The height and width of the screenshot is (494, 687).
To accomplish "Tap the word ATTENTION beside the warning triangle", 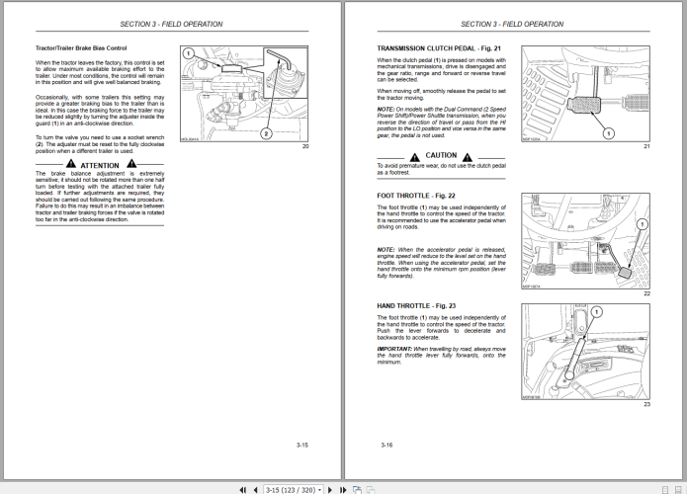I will click(x=100, y=165).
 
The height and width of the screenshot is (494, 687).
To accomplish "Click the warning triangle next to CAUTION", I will click(x=413, y=155).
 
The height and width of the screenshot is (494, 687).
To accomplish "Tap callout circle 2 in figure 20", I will click(x=265, y=131).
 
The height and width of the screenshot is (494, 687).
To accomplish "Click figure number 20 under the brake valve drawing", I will click(x=305, y=147).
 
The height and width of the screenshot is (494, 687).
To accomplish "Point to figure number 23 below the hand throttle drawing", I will click(x=645, y=404).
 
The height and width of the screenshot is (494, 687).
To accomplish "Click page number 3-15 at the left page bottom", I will click(x=302, y=447).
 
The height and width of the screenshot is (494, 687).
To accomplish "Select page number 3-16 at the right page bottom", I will click(x=386, y=447).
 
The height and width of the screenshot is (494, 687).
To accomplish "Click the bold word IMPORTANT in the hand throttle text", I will click(x=394, y=349).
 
